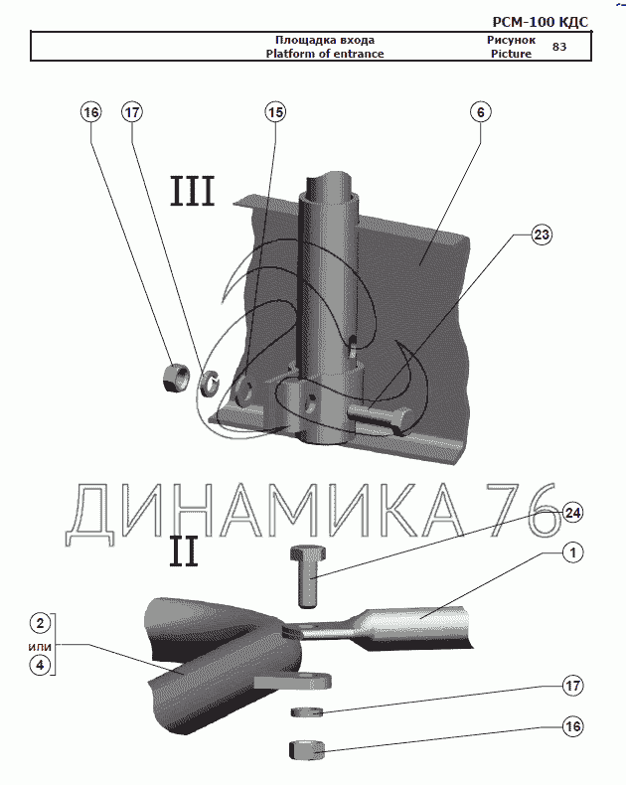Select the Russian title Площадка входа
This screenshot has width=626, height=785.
pos(324,41)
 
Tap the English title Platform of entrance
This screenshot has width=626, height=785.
pos(324,54)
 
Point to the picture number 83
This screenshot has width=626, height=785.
pos(559,47)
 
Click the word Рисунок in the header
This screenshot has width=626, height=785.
pos(511,41)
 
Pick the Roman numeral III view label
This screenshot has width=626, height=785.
pos(193,191)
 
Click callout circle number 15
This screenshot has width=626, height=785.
pos(275,112)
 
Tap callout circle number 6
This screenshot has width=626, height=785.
pos(479,112)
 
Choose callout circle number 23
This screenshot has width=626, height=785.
pos(541,235)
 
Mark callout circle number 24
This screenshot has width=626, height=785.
pos(572,513)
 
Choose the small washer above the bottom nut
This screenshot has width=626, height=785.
pos(308,711)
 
